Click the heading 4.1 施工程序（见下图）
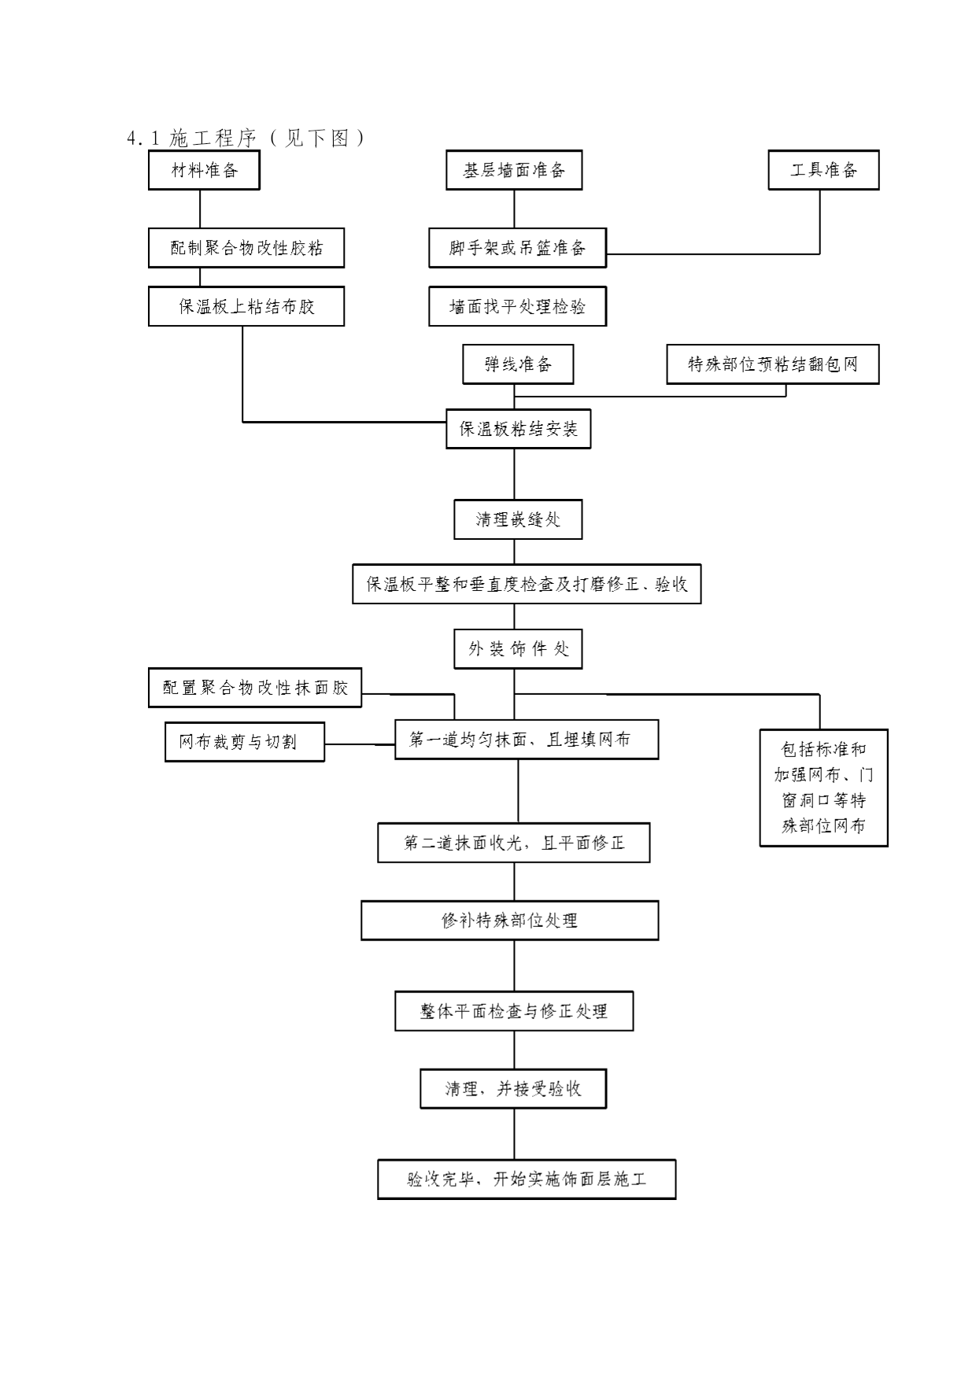246,138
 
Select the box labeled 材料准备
204,170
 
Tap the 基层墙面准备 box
514,170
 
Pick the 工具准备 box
823,170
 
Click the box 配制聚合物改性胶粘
246,248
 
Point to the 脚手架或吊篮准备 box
517,248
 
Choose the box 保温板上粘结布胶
246,306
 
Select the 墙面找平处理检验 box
517,306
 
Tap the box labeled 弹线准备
518,364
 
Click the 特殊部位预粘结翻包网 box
773,364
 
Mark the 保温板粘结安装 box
518,429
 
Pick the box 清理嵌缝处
518,519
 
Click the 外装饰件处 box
518,649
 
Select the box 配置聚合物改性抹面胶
255,688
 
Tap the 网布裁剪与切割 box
245,742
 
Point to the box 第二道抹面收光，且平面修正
514,843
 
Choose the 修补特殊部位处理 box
510,921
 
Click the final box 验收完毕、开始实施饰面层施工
527,1180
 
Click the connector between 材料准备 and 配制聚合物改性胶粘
200,209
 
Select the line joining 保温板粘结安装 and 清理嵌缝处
515,474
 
